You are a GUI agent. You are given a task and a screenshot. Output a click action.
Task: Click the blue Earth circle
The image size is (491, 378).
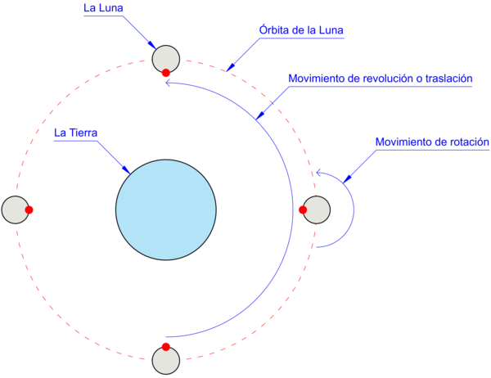click(166, 209)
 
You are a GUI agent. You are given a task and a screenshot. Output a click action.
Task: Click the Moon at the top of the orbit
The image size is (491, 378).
click(166, 58)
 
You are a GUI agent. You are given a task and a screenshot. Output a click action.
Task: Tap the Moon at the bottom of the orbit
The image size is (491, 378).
click(166, 361)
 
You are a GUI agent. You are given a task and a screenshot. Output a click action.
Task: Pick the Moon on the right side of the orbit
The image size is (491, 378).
click(318, 210)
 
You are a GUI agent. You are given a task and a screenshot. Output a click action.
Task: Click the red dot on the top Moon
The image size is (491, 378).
click(166, 73)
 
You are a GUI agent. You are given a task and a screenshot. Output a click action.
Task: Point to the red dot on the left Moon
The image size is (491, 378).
click(29, 210)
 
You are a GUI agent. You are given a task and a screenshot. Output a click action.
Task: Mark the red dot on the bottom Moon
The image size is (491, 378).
click(166, 347)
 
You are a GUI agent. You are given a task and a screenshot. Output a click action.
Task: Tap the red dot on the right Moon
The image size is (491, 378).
click(303, 210)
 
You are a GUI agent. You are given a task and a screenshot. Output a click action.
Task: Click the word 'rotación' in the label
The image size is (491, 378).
click(465, 142)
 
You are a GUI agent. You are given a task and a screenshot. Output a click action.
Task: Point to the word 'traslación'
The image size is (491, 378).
click(445, 79)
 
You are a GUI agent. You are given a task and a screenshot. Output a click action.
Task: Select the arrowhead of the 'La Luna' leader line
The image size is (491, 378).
click(154, 46)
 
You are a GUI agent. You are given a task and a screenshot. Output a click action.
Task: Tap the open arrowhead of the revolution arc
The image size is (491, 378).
click(167, 81)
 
